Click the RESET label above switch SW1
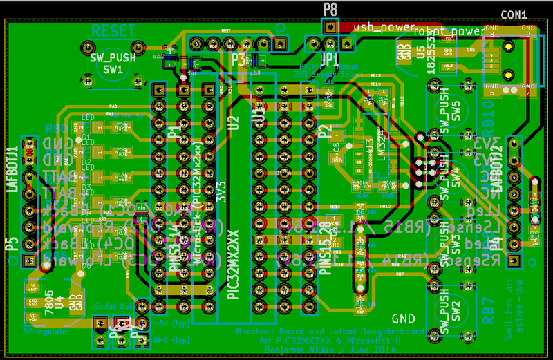pyautogui.click(x=113, y=30)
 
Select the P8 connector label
pyautogui.click(x=330, y=9)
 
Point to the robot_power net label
pyautogui.click(x=449, y=31)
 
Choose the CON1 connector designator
pyautogui.click(x=514, y=14)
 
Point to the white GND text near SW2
pyautogui.click(x=404, y=319)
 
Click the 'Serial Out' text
pyautogui.click(x=111, y=304)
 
